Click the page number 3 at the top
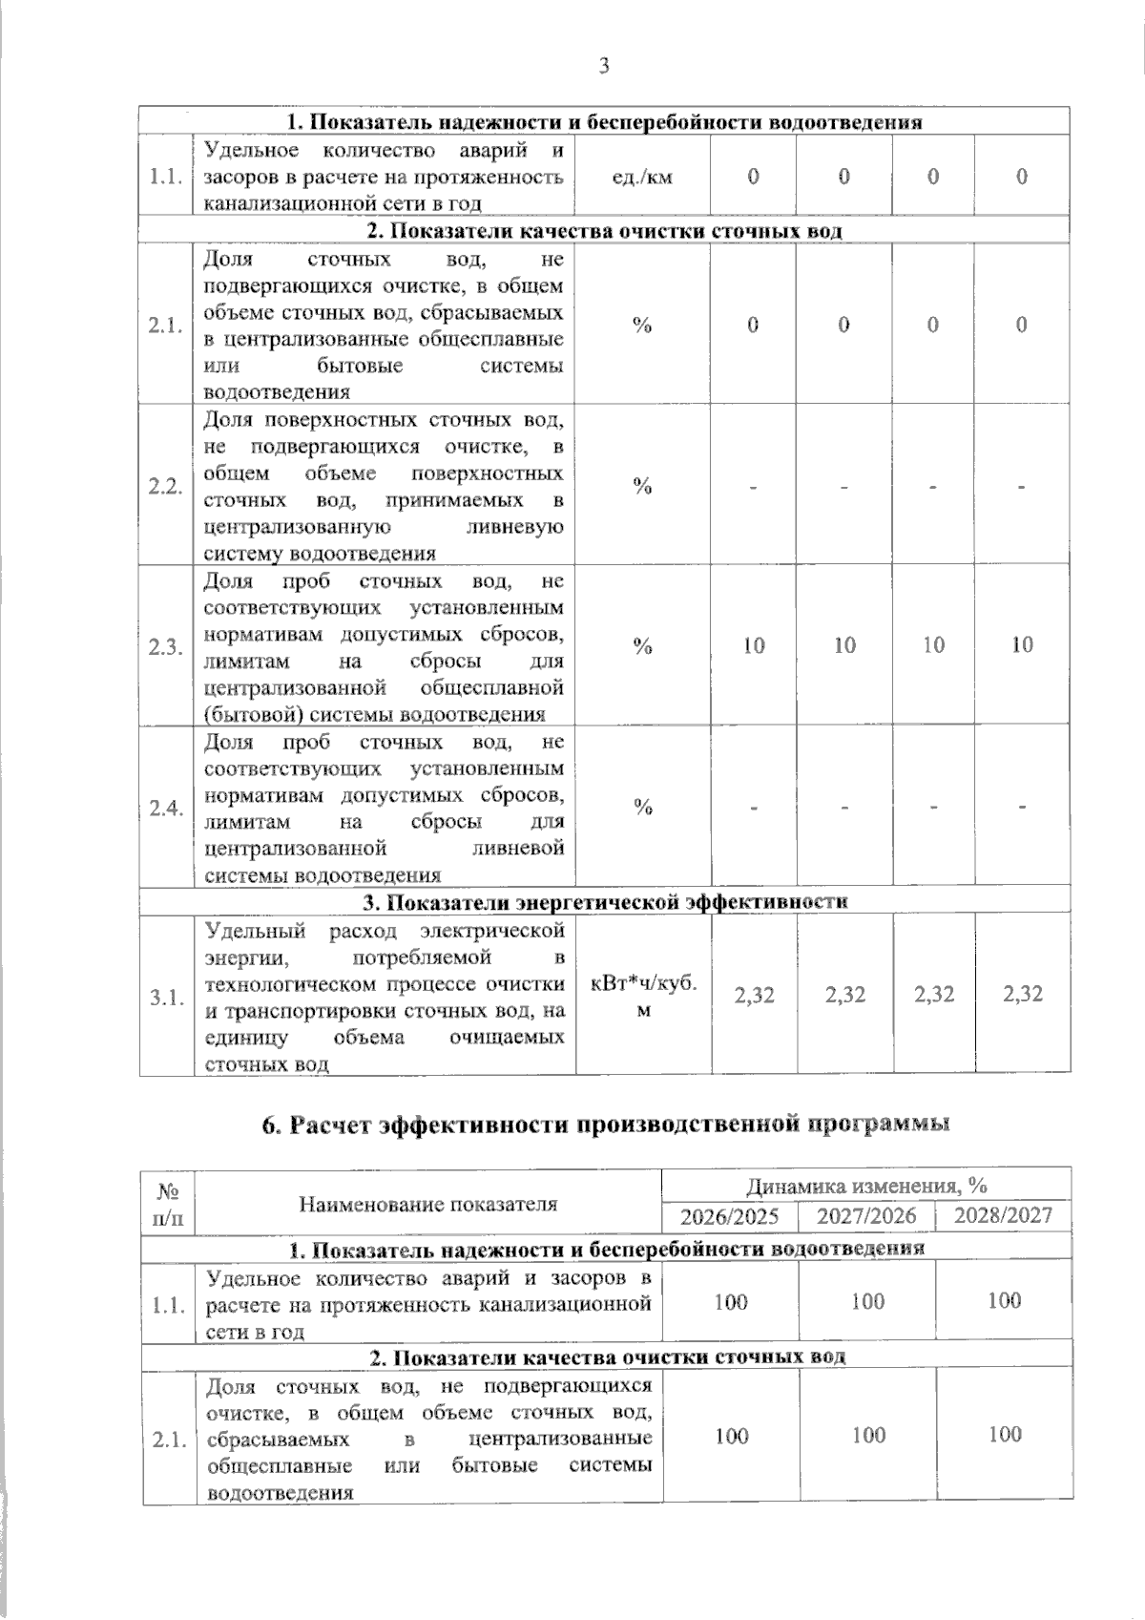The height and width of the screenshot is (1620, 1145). point(602,66)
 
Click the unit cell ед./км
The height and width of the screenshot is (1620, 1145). point(641,177)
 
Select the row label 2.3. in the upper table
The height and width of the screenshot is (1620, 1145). point(166,647)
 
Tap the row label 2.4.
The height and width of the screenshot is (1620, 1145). point(166,809)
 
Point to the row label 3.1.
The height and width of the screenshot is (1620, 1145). point(166,998)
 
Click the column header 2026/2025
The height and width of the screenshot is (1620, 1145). point(729,1216)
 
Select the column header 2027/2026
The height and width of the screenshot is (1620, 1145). point(866,1216)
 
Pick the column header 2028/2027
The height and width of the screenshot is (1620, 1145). point(1005,1215)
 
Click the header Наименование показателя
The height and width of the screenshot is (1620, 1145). point(428,1205)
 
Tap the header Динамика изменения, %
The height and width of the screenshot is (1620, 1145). point(866,1186)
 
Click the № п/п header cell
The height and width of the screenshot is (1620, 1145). point(169,1205)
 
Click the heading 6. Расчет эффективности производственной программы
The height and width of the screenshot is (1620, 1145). point(607,1125)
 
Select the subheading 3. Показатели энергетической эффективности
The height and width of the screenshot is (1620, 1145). point(606,902)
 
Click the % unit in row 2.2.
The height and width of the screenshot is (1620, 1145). point(643,486)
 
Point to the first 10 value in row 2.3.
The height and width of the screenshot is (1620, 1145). point(754,645)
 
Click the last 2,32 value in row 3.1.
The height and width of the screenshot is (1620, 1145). point(1023,995)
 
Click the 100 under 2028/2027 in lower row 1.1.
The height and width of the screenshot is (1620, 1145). point(1005,1300)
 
